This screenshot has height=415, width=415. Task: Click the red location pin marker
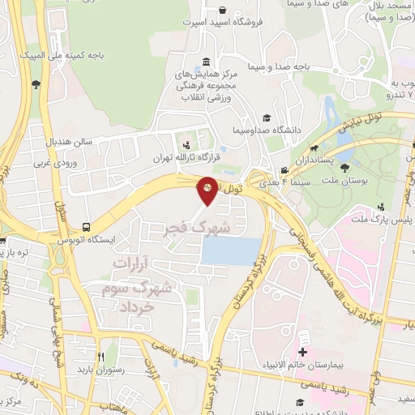(x=207, y=189)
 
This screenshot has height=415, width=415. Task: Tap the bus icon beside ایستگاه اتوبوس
(x=86, y=229)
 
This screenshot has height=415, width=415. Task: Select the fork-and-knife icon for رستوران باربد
(x=102, y=356)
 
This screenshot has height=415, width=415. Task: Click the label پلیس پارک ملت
(x=381, y=220)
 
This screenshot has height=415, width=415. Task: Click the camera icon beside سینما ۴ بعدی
(x=285, y=170)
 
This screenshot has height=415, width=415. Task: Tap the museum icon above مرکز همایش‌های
(x=205, y=62)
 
